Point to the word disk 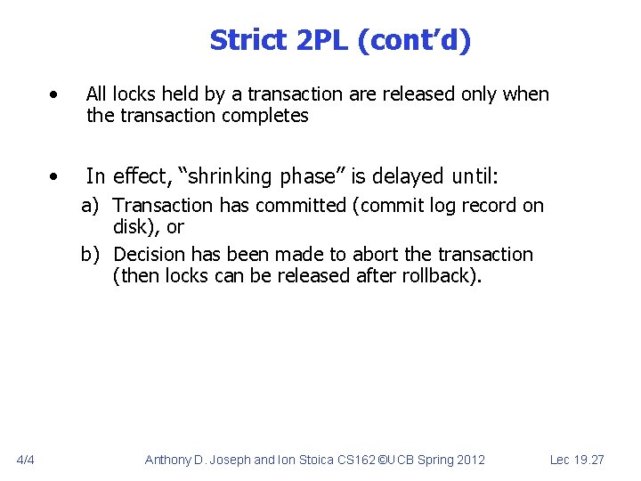coord(134,226)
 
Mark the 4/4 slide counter coord(25,460)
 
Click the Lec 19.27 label coord(577,460)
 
